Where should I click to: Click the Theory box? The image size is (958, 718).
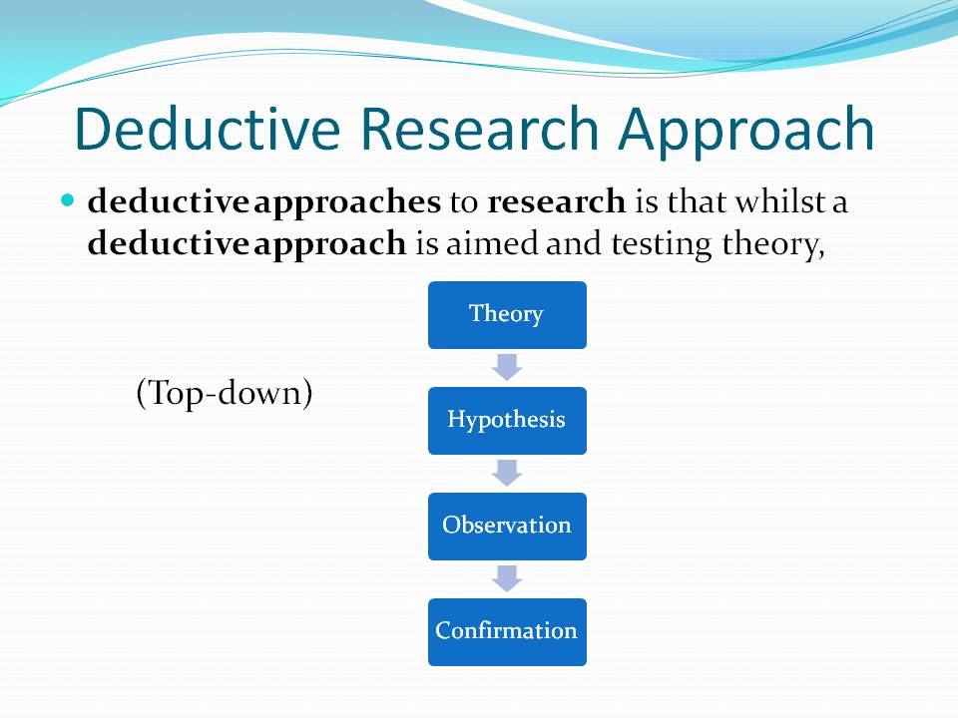coord(507,314)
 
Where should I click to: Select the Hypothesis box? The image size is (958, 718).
coord(507,420)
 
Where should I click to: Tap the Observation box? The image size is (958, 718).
coord(507,526)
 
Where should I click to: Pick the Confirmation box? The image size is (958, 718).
coord(507,631)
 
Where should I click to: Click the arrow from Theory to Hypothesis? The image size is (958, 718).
coord(507,366)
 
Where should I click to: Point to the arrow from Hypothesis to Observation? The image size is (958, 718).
coord(507,472)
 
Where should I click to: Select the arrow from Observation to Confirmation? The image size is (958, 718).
coord(507,577)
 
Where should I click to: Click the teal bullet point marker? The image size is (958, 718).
coord(68,200)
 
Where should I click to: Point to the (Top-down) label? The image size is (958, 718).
coord(225,393)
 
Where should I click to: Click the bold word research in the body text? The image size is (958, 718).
coord(556,202)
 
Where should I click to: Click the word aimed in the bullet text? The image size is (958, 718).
coord(479,244)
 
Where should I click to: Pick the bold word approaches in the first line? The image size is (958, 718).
coord(347,202)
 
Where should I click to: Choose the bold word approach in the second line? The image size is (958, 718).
coord(330,244)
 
